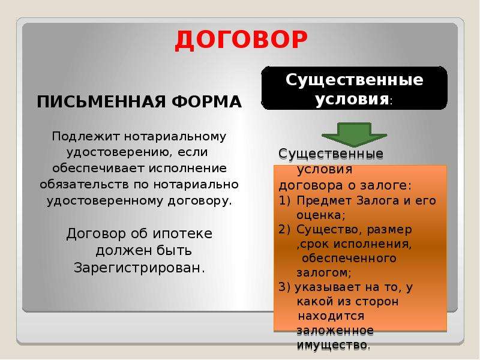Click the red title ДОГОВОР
tap(241, 40)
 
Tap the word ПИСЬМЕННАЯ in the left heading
tap(101, 101)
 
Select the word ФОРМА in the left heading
tap(206, 101)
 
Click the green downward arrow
tap(354, 134)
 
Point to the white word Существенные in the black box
tap(354, 80)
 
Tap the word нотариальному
tap(175, 137)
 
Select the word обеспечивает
tap(98, 169)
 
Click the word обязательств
tap(84, 184)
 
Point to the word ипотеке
tap(182, 234)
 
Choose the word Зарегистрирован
tap(139, 268)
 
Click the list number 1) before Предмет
tap(284, 200)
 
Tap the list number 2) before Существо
tap(284, 230)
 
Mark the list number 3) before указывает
tap(284, 287)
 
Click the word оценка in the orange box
tap(319, 215)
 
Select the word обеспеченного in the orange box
tap(349, 259)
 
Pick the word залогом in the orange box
tap(322, 272)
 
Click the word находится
tap(331, 316)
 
